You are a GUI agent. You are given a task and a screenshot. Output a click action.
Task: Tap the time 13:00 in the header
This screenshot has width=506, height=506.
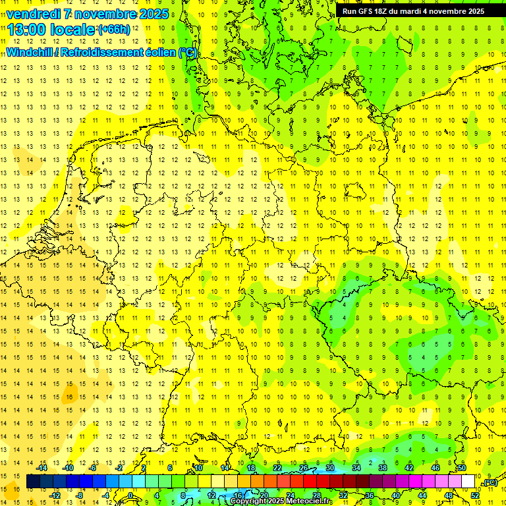(x=27, y=30)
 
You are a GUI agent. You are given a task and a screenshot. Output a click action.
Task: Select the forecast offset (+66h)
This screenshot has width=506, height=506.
(x=114, y=30)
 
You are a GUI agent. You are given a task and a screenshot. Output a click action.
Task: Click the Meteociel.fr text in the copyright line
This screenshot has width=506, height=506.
(x=310, y=501)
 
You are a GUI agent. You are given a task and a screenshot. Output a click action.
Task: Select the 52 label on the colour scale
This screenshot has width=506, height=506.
(x=475, y=495)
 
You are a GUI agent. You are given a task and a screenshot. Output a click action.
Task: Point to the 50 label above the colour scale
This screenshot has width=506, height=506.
(x=462, y=468)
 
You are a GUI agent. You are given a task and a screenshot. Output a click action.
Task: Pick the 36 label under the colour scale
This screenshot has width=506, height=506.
(x=369, y=495)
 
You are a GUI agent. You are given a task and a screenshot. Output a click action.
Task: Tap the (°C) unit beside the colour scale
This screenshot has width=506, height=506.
(x=490, y=482)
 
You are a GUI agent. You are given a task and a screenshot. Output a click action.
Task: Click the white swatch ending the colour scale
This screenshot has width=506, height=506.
(x=468, y=482)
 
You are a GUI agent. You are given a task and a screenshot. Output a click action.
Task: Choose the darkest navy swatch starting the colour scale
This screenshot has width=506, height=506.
(x=33, y=482)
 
